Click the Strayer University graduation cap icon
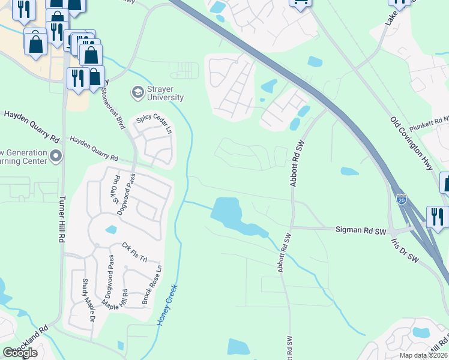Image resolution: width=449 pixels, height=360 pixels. coord(137,92)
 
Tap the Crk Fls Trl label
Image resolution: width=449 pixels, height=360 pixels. coord(134,252)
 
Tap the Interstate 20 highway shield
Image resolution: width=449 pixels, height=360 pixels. coord(402,196)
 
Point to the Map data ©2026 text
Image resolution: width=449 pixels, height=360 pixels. coord(423,355)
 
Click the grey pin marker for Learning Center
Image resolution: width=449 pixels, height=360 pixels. coord(56,157)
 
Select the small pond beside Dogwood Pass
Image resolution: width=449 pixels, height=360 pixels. coord(110,229)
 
